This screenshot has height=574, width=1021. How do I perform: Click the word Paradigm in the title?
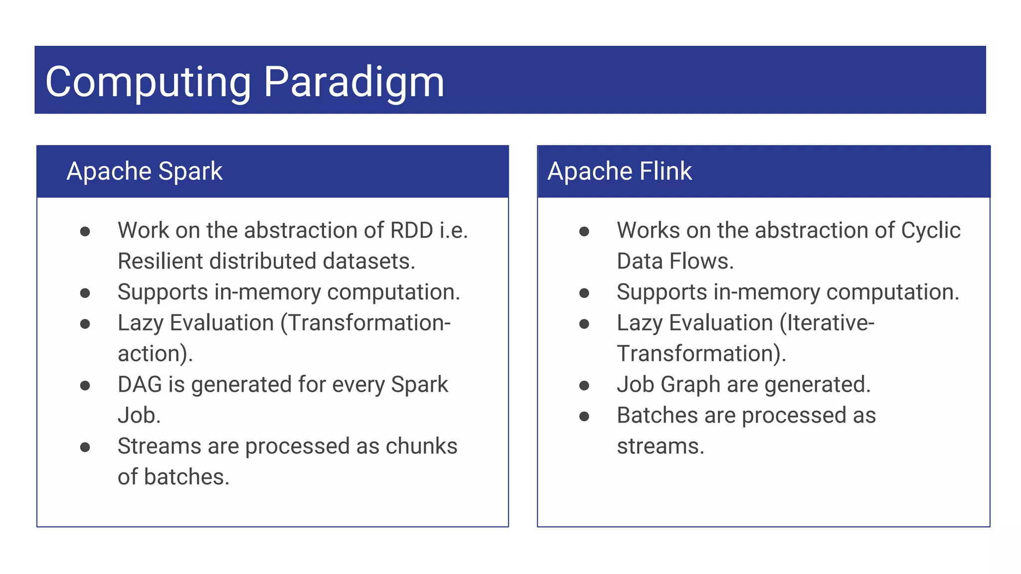(353, 82)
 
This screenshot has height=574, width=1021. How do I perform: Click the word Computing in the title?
(148, 82)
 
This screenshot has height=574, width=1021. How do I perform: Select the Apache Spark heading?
(145, 171)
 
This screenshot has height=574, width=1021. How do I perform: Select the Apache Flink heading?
(620, 171)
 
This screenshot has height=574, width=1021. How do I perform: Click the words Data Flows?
(675, 262)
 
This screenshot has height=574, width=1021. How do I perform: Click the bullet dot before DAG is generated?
(85, 386)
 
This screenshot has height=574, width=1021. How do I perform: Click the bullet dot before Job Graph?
(584, 386)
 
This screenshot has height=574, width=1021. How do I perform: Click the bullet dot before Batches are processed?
(584, 417)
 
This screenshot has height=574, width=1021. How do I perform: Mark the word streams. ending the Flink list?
(660, 446)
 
